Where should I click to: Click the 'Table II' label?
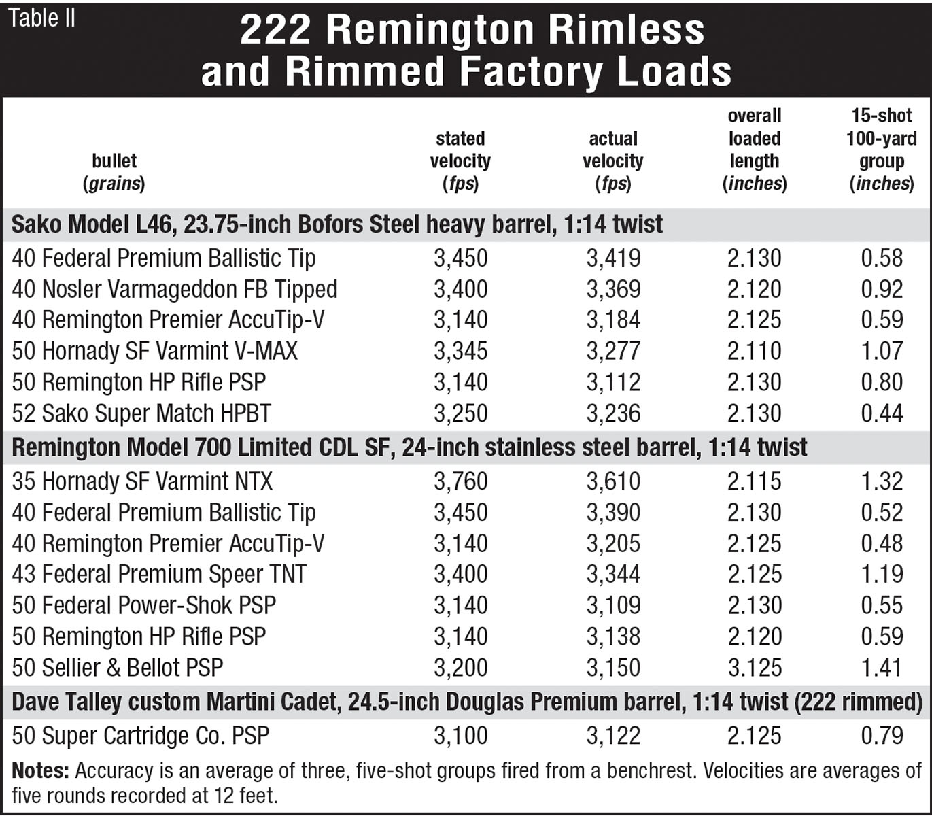[41, 18]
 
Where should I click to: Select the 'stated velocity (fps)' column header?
[460, 161]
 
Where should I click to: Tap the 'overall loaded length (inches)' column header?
[754, 150]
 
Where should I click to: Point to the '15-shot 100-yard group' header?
[881, 150]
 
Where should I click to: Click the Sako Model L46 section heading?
[337, 224]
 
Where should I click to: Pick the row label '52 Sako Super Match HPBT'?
[141, 413]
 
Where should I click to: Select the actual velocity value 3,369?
[613, 290]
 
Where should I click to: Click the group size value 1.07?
[882, 352]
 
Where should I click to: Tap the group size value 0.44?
[882, 413]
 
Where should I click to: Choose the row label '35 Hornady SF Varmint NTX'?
[142, 481]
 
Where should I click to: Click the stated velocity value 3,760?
[461, 481]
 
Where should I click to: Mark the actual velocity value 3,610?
[613, 481]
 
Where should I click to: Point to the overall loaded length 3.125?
[755, 668]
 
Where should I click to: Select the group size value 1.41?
[882, 668]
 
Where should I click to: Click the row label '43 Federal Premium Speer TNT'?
[159, 575]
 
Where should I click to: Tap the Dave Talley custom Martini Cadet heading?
[467, 702]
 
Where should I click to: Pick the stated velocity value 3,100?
[461, 736]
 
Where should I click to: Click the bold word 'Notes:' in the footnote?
[41, 771]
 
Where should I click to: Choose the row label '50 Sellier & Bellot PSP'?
[118, 668]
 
